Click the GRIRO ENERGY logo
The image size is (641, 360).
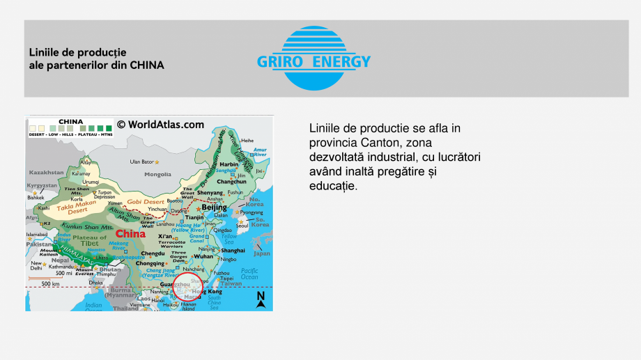[314, 59]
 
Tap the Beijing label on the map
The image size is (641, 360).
[214, 208]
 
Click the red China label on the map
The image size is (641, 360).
[130, 234]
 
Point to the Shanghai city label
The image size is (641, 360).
[233, 250]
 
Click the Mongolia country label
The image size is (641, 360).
[157, 174]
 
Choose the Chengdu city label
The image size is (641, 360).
[153, 253]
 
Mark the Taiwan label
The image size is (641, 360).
[231, 283]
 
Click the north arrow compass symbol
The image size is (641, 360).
[261, 300]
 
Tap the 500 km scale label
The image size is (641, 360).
[50, 283]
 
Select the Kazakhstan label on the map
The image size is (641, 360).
[46, 171]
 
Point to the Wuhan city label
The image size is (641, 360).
[203, 256]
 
